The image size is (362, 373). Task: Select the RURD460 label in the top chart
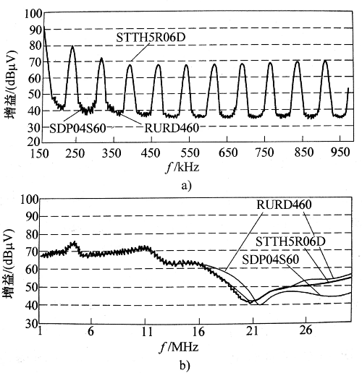(x=171, y=128)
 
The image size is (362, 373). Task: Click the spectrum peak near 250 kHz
(x=72, y=48)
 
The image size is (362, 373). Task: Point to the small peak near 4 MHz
(x=74, y=244)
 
